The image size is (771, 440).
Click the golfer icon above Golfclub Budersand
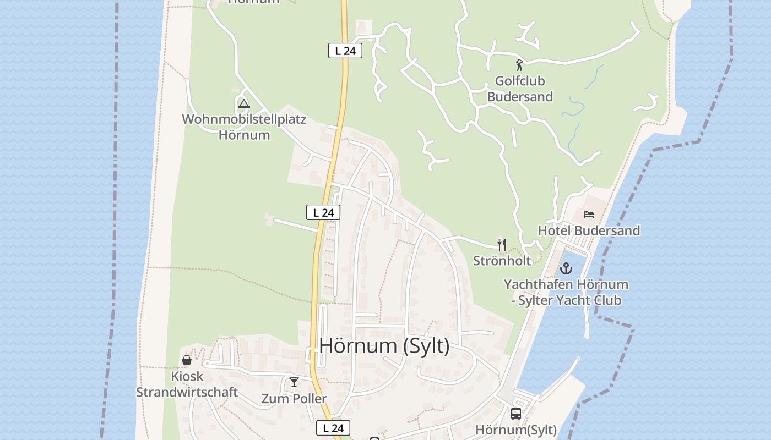(519, 65)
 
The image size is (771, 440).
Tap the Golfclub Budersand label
(520, 89)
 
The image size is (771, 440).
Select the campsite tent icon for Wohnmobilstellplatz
(243, 103)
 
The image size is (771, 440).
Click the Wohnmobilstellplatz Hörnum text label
(244, 127)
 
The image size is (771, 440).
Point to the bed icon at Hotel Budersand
(589, 214)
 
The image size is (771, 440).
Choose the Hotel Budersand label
(589, 230)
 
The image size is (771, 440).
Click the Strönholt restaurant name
(502, 261)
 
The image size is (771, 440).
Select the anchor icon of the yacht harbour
(566, 269)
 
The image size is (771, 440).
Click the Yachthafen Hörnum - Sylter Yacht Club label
(566, 293)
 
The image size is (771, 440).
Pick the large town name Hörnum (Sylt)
(384, 346)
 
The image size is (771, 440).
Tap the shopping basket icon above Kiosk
(187, 360)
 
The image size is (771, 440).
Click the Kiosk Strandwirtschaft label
(187, 384)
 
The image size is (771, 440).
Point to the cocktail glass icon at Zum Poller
(294, 382)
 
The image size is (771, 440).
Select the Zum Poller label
(294, 399)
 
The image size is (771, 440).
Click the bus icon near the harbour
(516, 413)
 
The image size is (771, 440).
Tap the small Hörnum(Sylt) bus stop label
(516, 430)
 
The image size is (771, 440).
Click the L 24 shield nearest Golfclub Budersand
(345, 51)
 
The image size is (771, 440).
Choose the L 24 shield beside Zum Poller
(333, 428)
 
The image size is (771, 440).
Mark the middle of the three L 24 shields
(323, 212)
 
